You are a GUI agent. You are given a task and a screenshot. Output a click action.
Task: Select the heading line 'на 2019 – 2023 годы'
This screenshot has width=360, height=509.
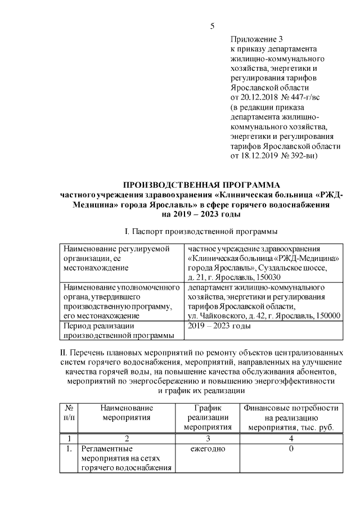pos(201,214)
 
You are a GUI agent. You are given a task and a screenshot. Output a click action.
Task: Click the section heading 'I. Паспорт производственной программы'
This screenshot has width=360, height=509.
pos(201,232)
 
